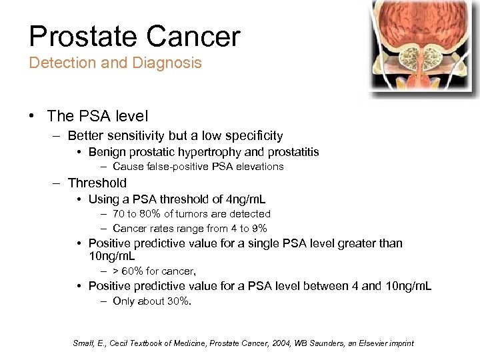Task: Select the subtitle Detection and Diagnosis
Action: coord(115,63)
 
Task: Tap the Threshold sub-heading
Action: coord(97,183)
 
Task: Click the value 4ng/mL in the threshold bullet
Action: coord(243,199)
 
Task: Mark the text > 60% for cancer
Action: coord(154,271)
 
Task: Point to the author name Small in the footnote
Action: coord(83,343)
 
